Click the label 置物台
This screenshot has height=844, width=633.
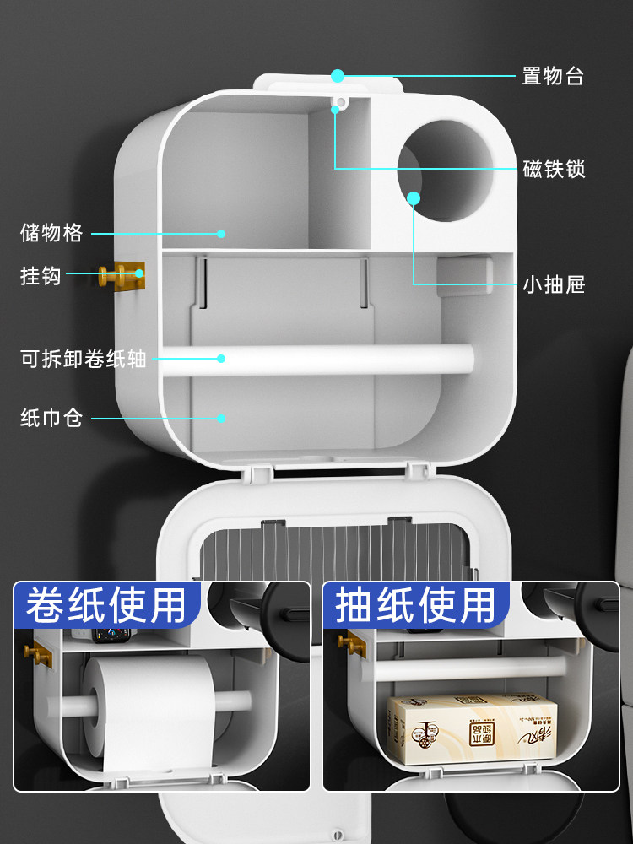click(553, 76)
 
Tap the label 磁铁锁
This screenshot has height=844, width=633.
click(553, 169)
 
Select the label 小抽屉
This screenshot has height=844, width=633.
click(553, 285)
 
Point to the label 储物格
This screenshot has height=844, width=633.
click(51, 233)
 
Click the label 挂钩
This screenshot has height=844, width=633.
click(41, 274)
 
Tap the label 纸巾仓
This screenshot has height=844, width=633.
click(51, 417)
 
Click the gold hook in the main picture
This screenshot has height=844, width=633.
click(123, 274)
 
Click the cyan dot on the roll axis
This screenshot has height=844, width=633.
click(221, 358)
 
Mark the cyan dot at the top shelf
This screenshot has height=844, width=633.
click(338, 76)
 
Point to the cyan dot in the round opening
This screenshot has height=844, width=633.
click(414, 198)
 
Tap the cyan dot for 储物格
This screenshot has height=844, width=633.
click(221, 233)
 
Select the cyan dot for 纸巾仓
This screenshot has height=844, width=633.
click(221, 417)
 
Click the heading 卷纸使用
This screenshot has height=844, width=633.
click(105, 605)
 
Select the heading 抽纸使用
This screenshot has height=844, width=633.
click(415, 605)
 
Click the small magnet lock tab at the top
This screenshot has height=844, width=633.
click(339, 104)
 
